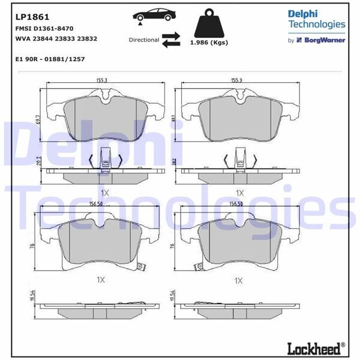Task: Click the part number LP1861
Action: click(31, 16)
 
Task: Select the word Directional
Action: click(144, 40)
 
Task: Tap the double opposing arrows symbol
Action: click(172, 40)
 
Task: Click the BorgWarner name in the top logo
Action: click(326, 41)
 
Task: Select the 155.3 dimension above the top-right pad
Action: click(237, 80)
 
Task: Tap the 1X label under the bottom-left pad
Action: click(101, 280)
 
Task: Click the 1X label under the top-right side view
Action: click(240, 193)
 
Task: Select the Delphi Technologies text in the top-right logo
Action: click(317, 19)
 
